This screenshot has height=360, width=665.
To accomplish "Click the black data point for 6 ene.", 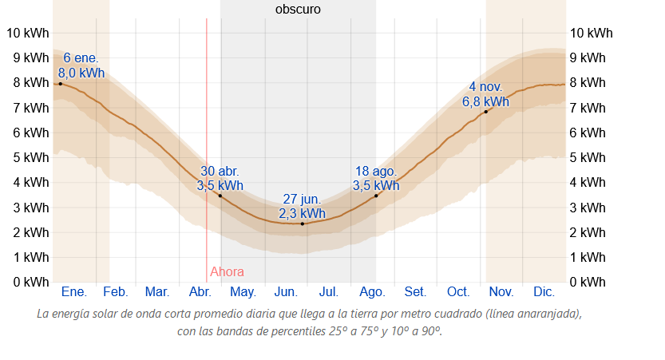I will click(x=60, y=84).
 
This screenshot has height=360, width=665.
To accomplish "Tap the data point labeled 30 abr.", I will click(x=220, y=196).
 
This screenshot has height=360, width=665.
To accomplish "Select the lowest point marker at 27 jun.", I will click(x=303, y=224).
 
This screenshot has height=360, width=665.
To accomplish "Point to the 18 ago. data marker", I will click(x=376, y=196).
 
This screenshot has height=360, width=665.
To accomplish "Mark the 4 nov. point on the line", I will click(x=485, y=112).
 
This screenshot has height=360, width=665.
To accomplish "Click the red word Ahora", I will click(x=227, y=271).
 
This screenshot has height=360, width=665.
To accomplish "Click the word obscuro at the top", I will click(x=298, y=10).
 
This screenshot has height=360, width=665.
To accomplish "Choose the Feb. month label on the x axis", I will click(x=116, y=291).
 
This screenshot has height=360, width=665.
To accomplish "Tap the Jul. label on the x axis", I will click(x=330, y=291).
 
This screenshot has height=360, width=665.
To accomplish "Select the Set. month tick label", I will click(x=415, y=291).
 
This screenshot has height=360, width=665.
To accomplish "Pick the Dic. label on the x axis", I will click(x=544, y=291).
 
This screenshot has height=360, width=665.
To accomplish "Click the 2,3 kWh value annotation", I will click(x=302, y=213).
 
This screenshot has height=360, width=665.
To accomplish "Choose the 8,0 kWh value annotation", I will click(x=81, y=73).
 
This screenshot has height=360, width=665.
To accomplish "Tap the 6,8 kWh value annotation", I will click(x=485, y=101).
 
